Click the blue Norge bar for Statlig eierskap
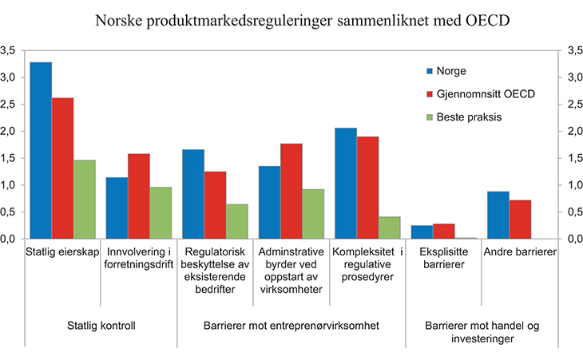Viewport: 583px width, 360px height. coord(41,150)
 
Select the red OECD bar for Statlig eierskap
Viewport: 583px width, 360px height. coord(62,168)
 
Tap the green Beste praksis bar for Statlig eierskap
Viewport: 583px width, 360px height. coord(84,199)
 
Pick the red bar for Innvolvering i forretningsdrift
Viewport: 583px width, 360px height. coord(139,196)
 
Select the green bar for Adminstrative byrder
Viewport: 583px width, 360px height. coord(313,213)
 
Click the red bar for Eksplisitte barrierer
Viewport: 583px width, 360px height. coord(444,231)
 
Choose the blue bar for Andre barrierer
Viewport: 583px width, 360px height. coord(498,215)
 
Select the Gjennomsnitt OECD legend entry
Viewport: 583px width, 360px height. coord(484,93)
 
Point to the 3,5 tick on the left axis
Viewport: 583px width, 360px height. coord(8,50)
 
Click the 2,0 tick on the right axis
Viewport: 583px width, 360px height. coord(573,131)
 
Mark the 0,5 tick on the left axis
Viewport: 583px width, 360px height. coord(8,212)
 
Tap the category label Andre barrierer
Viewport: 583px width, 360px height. coord(519,252)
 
